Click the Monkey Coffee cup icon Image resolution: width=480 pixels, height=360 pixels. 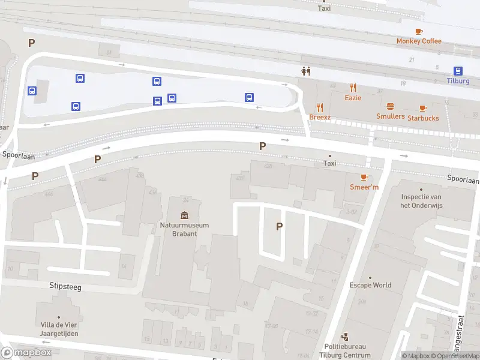pos(419,31)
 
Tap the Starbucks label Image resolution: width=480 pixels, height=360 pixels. pos(423,118)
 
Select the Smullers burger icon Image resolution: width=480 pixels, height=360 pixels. pos(390,106)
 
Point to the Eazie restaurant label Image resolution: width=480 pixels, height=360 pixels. pos(353,98)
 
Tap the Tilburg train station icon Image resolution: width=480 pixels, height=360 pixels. pos(458,70)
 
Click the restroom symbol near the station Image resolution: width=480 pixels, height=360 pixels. pos(306,71)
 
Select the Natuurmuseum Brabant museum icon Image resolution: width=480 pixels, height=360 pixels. pos(184,215)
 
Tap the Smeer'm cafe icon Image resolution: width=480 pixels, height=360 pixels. pos(364,177)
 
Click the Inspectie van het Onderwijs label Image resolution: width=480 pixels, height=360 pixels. pos(421,201)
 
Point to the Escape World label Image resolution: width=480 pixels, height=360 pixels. pos(370,285)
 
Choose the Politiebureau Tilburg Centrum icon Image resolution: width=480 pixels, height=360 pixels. pos(344,337)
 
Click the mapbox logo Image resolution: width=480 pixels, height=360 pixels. pos(26,353)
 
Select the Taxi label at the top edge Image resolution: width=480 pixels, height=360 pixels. pos(324,8)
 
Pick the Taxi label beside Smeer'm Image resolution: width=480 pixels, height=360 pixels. pos(330,163)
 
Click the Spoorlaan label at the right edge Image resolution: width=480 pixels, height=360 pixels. pos(463,180)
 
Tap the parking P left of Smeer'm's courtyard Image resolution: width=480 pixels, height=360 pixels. pos(278,226)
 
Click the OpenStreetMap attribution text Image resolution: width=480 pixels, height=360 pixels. pos(457,356)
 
